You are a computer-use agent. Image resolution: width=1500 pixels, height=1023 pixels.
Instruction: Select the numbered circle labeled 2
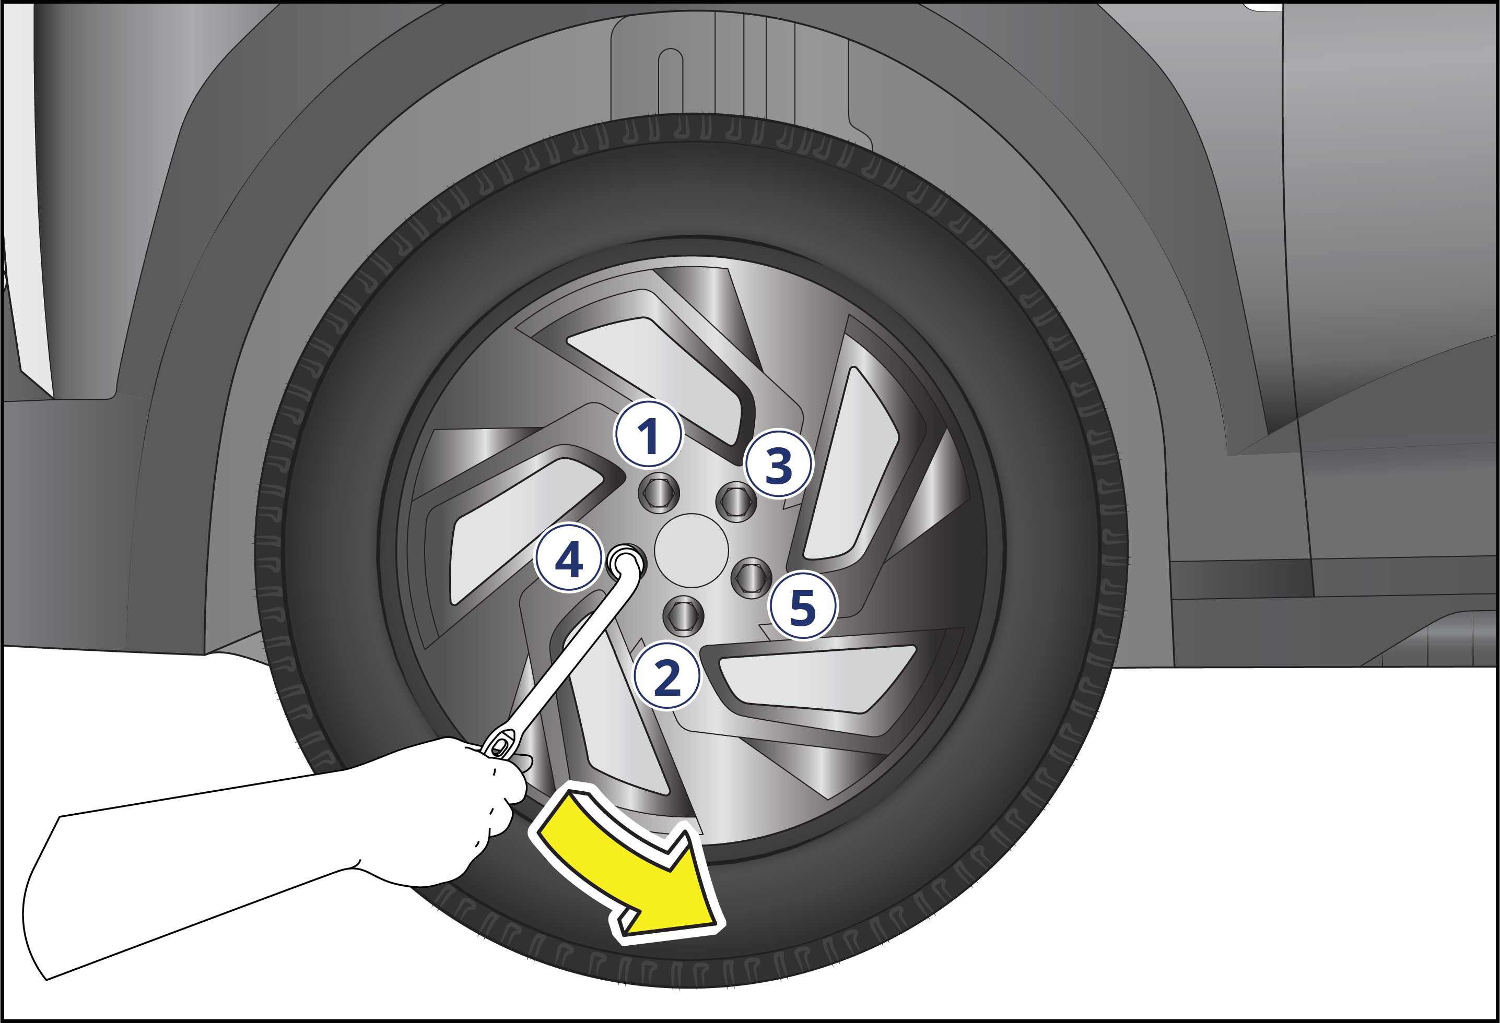[x=667, y=676]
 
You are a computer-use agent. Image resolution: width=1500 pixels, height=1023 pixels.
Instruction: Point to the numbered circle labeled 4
[x=569, y=558]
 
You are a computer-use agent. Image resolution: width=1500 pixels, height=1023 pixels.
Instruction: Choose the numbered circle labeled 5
[x=803, y=605]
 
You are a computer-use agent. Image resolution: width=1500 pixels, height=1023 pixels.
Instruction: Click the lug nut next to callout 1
[x=659, y=493]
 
